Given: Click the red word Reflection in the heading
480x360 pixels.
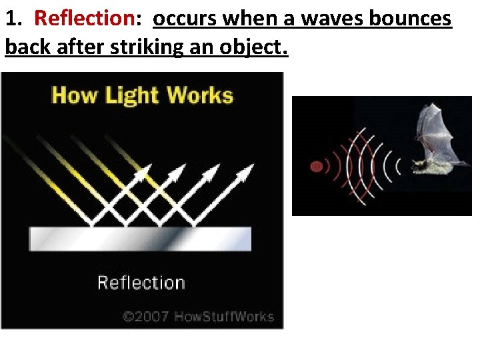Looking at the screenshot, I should [x=84, y=19].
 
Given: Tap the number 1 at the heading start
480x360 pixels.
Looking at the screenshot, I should [x=10, y=19].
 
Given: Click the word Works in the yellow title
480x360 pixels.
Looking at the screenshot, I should [x=199, y=95].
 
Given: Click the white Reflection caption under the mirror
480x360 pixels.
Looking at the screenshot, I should [x=141, y=283].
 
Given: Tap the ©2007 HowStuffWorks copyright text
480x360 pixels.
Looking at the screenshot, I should [x=198, y=316].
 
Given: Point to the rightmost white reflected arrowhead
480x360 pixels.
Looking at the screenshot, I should [x=247, y=170].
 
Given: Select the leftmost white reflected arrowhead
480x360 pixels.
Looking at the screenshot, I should [x=142, y=173].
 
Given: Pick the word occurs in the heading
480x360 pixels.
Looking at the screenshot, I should [x=185, y=19].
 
